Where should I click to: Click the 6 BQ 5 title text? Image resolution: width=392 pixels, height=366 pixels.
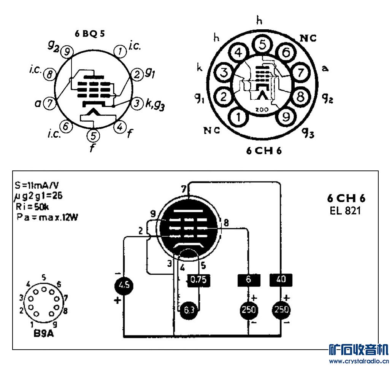pyautogui.click(x=90, y=33)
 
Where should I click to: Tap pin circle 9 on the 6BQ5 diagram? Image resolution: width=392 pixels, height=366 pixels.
pyautogui.click(x=67, y=53)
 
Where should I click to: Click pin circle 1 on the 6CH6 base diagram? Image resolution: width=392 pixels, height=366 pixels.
pyautogui.click(x=238, y=117)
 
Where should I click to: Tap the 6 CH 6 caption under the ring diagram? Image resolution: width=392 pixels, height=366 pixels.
pyautogui.click(x=263, y=151)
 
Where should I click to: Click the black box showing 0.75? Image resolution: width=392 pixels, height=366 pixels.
pyautogui.click(x=198, y=280)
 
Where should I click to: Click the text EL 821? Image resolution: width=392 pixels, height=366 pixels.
pyautogui.click(x=345, y=210)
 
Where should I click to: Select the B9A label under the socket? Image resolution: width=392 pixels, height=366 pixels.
pyautogui.click(x=44, y=335)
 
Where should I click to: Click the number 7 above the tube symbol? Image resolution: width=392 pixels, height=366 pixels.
pyautogui.click(x=184, y=189)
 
